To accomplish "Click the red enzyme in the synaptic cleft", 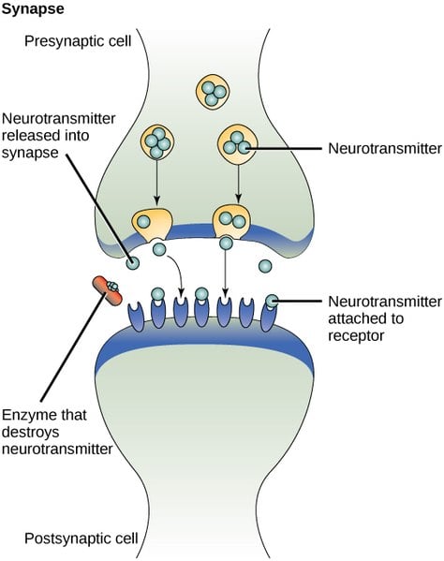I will (x=105, y=290).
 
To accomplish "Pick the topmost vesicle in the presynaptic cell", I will (x=211, y=92).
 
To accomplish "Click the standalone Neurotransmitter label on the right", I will (x=376, y=147).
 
